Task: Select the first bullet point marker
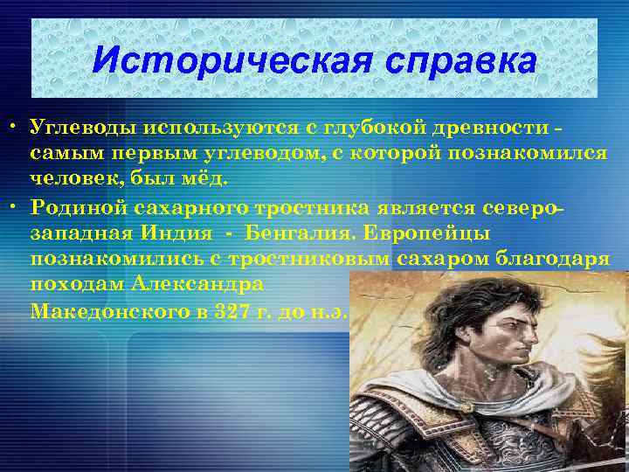click(16, 130)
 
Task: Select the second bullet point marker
click(16, 207)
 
